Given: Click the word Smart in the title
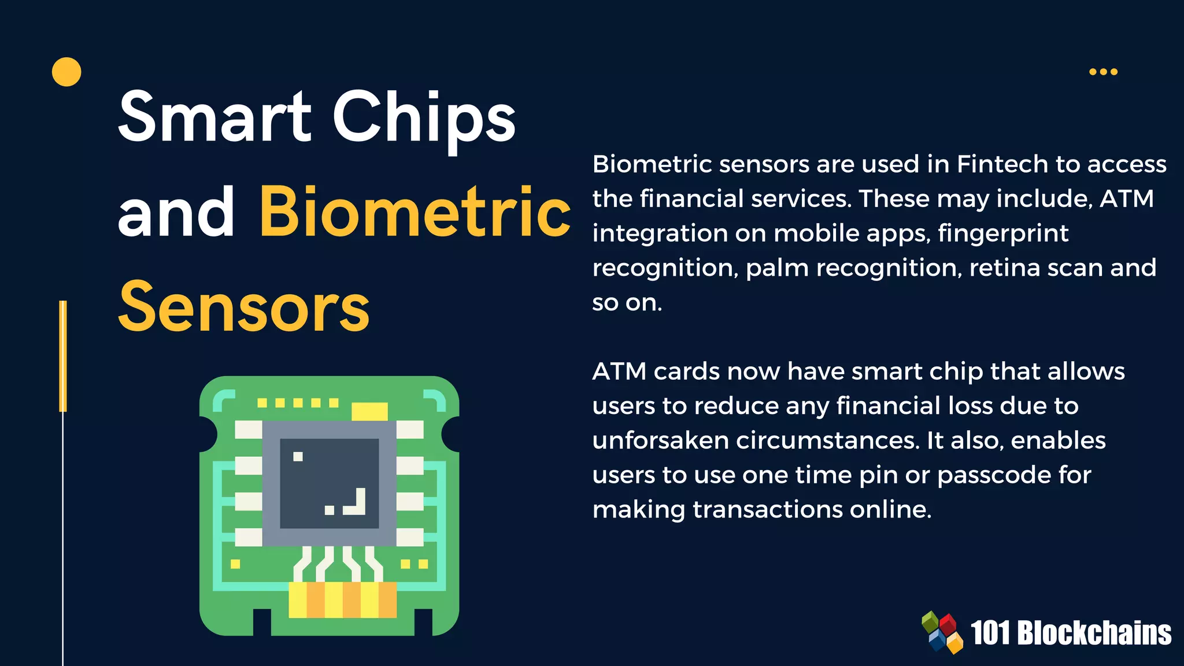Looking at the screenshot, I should pyautogui.click(x=214, y=117).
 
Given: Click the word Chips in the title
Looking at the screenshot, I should pyautogui.click(x=424, y=117).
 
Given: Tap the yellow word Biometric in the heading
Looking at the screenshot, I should pyautogui.click(x=415, y=213).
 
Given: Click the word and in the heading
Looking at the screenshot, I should pyautogui.click(x=176, y=213).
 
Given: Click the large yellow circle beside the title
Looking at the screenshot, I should pyautogui.click(x=66, y=72).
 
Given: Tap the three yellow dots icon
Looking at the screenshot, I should pyautogui.click(x=1103, y=72).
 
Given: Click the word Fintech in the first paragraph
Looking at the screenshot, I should pyautogui.click(x=1002, y=164).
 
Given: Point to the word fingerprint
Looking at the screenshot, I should pyautogui.click(x=1003, y=234).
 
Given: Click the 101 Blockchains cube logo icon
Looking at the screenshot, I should pyautogui.click(x=942, y=632).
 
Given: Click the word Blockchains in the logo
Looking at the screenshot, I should pyautogui.click(x=1094, y=633).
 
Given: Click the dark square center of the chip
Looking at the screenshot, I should pyautogui.click(x=329, y=483).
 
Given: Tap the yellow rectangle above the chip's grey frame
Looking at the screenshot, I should pyautogui.click(x=369, y=411).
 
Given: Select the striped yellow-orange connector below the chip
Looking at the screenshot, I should pyautogui.click(x=343, y=600).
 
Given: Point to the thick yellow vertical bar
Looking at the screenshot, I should pyautogui.click(x=63, y=356).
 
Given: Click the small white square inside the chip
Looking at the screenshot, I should pyautogui.click(x=298, y=457).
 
